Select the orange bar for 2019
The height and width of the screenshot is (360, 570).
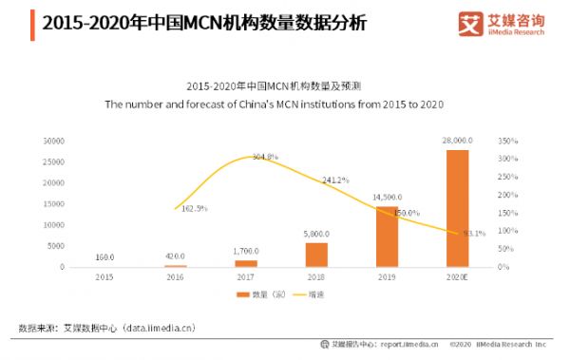tap(387, 237)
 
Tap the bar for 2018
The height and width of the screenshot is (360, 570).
tap(316, 255)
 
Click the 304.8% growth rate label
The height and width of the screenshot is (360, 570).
tap(265, 157)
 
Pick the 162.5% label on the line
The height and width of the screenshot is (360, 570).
tap(193, 208)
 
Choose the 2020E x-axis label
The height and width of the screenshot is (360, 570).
tap(457, 276)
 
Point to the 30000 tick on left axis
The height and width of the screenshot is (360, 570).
tap(53, 141)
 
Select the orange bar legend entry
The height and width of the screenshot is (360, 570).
tap(250, 296)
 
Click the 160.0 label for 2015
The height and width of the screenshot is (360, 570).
tap(106, 256)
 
